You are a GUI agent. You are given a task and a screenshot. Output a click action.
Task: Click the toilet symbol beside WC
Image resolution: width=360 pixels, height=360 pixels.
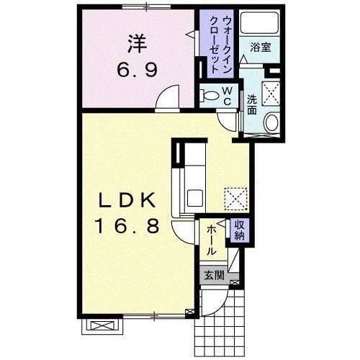click(x=210, y=94)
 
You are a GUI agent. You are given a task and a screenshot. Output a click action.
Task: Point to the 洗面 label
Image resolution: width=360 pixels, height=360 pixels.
click(x=253, y=105)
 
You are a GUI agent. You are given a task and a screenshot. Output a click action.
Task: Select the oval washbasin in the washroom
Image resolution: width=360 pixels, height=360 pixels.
click(x=271, y=124)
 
